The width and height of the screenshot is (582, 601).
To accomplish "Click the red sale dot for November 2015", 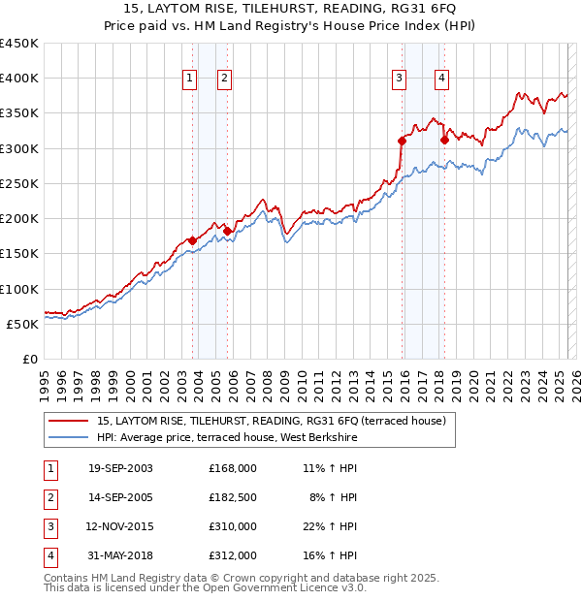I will pyautogui.click(x=402, y=141).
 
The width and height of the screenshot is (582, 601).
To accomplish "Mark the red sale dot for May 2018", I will pyautogui.click(x=444, y=140).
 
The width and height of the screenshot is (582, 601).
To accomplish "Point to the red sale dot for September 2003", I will pyautogui.click(x=193, y=240).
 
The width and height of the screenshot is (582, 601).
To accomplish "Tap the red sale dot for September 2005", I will pyautogui.click(x=227, y=231).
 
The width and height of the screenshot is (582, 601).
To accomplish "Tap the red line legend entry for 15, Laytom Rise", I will pyautogui.click(x=271, y=421).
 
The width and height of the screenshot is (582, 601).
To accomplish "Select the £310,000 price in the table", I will pyautogui.click(x=232, y=528).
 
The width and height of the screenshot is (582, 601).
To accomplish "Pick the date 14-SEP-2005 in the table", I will pyautogui.click(x=120, y=498).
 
